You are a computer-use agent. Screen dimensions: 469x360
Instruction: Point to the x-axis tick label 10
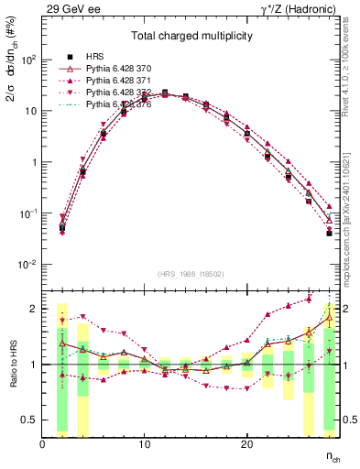[x=144, y=444]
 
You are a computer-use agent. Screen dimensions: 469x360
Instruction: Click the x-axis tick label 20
[x=246, y=444]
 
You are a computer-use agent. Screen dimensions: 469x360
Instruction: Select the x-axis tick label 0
[x=42, y=444]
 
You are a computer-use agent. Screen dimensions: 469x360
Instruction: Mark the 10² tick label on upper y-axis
[x=28, y=60]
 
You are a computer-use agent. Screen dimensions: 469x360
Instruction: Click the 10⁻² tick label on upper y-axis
[x=27, y=265]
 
